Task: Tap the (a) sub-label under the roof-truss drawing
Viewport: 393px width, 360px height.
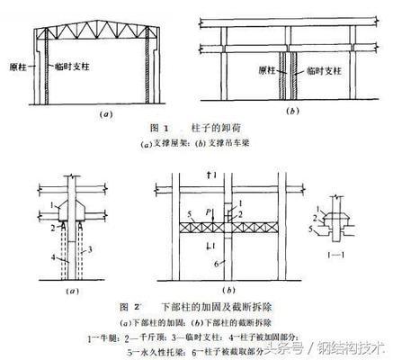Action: (105, 115)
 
